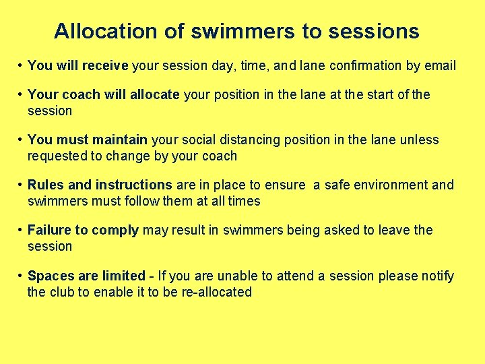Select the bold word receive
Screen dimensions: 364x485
coord(105,66)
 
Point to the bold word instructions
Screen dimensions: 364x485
coord(134,185)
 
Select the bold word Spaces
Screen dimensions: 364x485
coord(49,276)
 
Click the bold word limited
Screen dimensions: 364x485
coord(123,276)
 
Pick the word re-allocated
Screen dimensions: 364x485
coord(216,293)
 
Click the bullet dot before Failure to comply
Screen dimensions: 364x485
coord(22,231)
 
